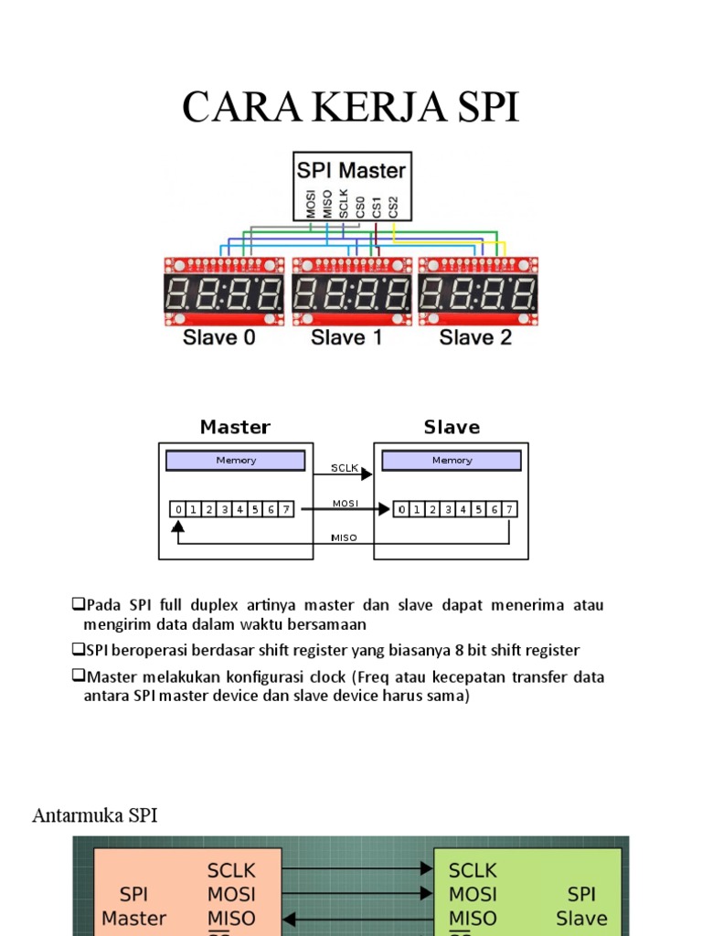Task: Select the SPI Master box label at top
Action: (x=352, y=169)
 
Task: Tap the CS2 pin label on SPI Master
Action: (x=393, y=206)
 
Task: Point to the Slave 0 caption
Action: (x=219, y=337)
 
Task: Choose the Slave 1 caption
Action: (x=347, y=337)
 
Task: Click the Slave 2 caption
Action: (x=475, y=337)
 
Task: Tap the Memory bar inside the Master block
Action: (x=236, y=461)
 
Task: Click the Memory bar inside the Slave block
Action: (x=452, y=461)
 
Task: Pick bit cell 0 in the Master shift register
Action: (x=179, y=510)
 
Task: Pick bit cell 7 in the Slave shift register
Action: (x=509, y=510)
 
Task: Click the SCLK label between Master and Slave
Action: (x=344, y=468)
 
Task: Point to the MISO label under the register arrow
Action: (x=344, y=538)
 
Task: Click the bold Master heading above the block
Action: (x=235, y=427)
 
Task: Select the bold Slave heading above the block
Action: (x=452, y=427)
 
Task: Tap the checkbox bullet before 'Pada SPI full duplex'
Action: (x=78, y=605)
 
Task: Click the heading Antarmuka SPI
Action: (x=95, y=815)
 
